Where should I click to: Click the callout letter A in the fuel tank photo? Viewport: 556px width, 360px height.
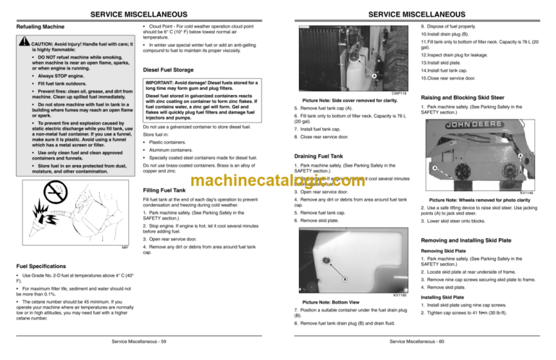(x=373, y=77)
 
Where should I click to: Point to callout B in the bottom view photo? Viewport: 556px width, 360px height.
(x=345, y=279)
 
